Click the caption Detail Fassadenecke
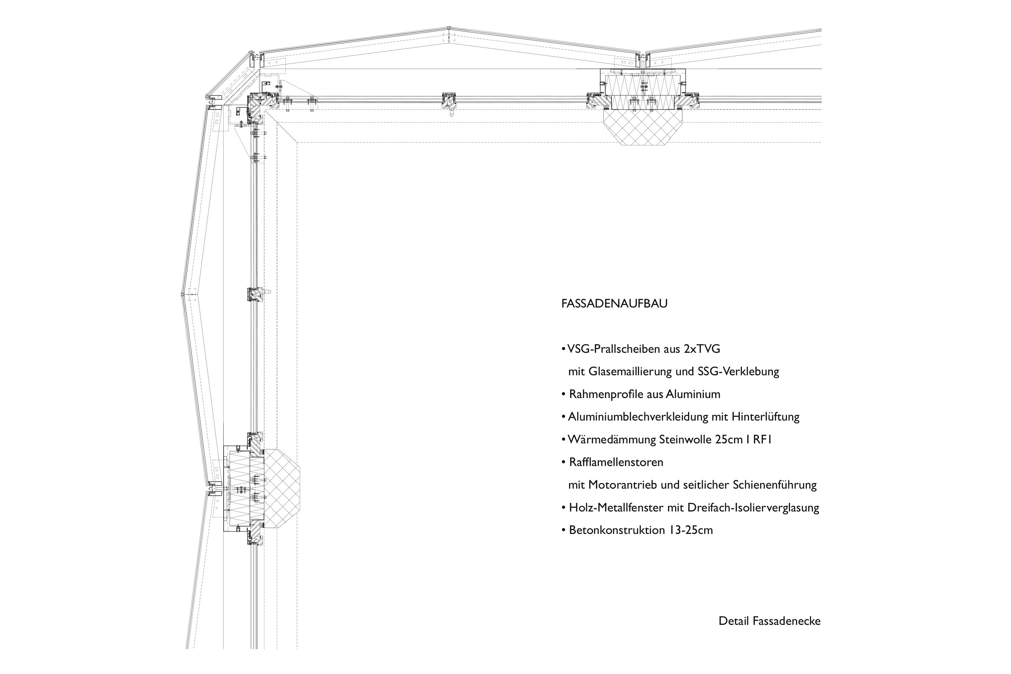click(769, 621)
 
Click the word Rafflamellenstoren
click(616, 463)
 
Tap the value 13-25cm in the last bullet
click(690, 530)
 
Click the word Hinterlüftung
click(765, 417)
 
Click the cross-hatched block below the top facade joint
click(643, 127)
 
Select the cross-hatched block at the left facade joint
click(281, 489)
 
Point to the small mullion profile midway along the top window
click(448, 101)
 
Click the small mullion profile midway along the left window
click(255, 295)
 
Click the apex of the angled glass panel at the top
click(448, 29)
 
